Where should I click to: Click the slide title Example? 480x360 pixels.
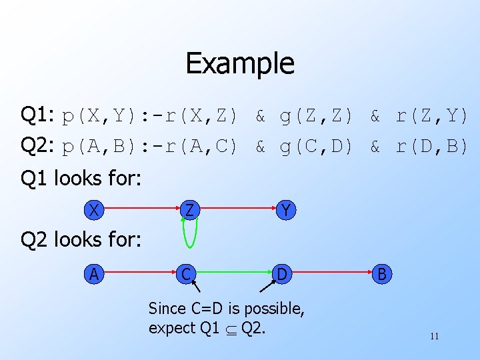tap(240, 64)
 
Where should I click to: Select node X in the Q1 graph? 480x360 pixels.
tap(95, 210)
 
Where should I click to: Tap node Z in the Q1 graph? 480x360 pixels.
tap(190, 210)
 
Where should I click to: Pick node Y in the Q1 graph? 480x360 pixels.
tap(285, 210)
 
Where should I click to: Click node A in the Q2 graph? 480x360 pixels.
tap(95, 273)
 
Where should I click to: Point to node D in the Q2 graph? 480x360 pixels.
tap(283, 273)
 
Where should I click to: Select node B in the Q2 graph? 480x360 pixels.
tap(381, 273)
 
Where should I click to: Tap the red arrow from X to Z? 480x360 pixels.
tap(143, 210)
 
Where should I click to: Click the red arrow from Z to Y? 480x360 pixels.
tap(237, 210)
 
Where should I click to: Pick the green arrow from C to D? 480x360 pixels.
tap(236, 273)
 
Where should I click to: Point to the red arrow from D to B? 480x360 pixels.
tap(332, 273)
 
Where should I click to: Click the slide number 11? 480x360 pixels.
tap(434, 337)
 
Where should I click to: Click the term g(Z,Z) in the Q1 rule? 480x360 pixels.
tap(316, 117)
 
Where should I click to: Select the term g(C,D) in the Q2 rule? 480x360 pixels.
tap(316, 147)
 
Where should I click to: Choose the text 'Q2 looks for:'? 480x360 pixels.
tap(81, 239)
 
